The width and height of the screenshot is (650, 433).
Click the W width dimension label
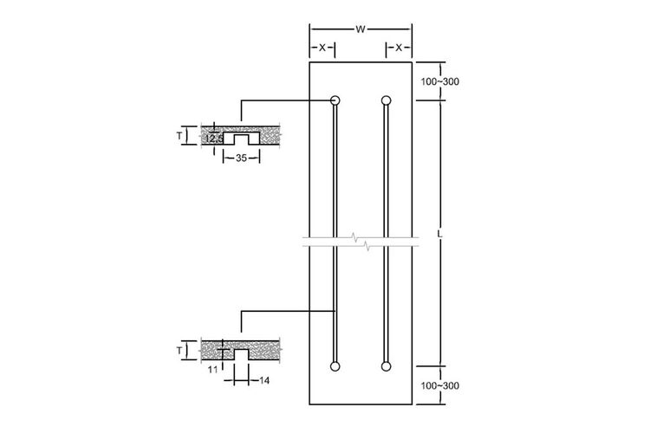[x=361, y=29]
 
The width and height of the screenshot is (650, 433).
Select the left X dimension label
[x=322, y=48]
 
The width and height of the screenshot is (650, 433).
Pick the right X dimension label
[x=399, y=48]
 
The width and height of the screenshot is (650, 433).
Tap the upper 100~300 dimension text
[x=439, y=81]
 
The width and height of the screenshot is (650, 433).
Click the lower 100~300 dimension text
[x=439, y=385]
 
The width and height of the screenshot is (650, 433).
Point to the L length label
[x=439, y=234]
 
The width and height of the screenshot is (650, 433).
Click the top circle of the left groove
[x=335, y=100]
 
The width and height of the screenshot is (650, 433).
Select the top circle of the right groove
[x=386, y=100]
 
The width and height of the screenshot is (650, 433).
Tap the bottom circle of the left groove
[x=335, y=366]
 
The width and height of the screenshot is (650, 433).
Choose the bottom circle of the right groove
[x=386, y=366]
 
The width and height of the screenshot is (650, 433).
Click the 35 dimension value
[x=241, y=158]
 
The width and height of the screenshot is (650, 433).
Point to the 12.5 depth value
[x=214, y=139]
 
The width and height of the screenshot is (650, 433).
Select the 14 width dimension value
[x=264, y=380]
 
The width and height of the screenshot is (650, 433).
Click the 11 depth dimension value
[x=212, y=370]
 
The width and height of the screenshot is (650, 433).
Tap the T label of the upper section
[x=179, y=135]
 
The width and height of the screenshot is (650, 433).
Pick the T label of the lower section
[x=179, y=351]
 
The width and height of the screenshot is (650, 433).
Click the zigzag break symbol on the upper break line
[x=354, y=237]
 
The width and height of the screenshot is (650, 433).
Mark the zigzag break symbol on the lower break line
[x=367, y=247]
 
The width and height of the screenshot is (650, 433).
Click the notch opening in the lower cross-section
[x=241, y=354]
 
